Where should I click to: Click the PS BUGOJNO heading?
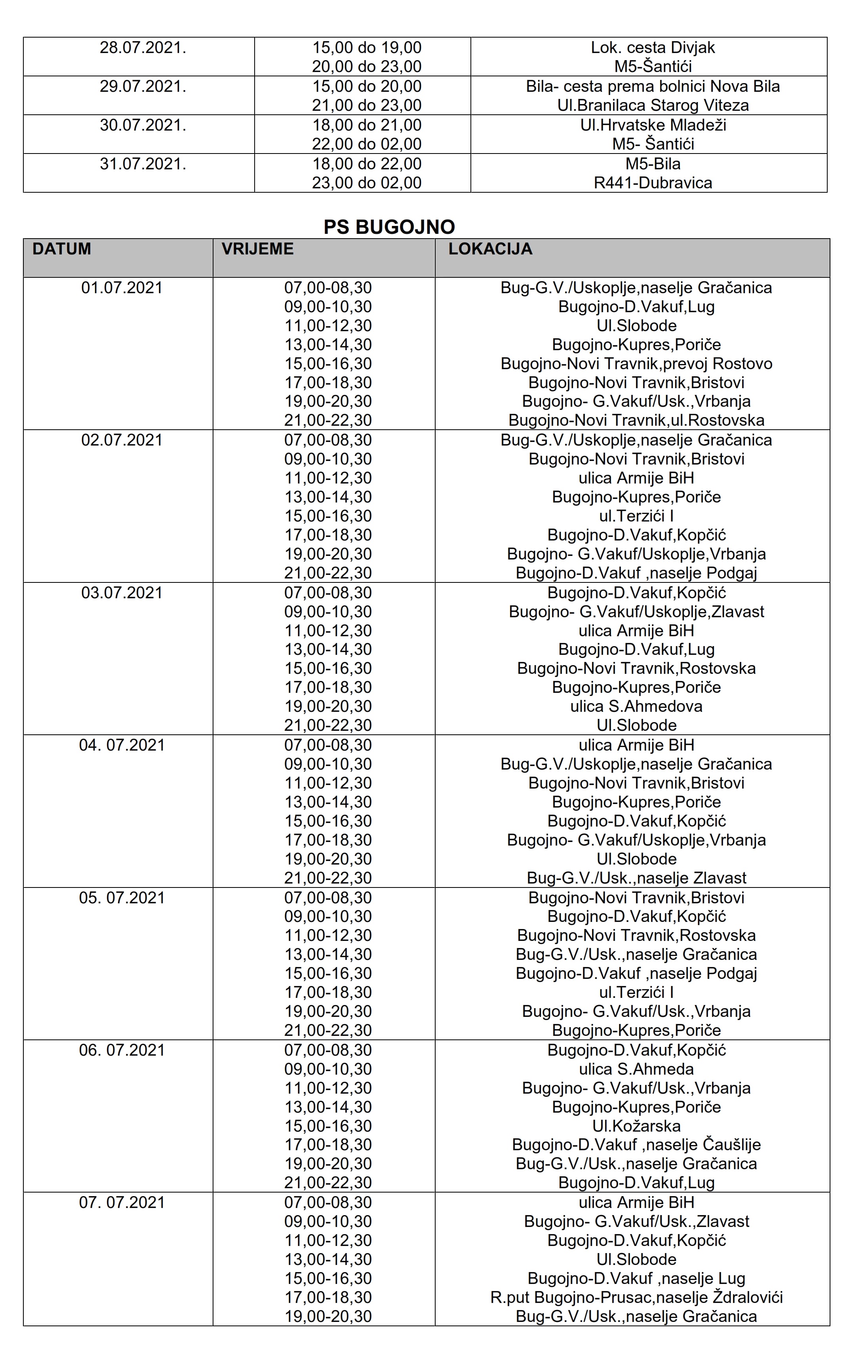pyautogui.click(x=389, y=227)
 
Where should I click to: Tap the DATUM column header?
pyautogui.click(x=61, y=249)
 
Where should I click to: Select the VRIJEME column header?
pyautogui.click(x=257, y=249)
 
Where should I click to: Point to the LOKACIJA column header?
pyautogui.click(x=490, y=249)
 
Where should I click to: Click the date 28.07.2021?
pyautogui.click(x=143, y=48)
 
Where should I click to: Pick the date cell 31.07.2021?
pyautogui.click(x=143, y=164)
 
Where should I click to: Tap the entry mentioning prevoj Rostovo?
pyautogui.click(x=636, y=364)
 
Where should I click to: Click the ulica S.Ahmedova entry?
pyautogui.click(x=636, y=706)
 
